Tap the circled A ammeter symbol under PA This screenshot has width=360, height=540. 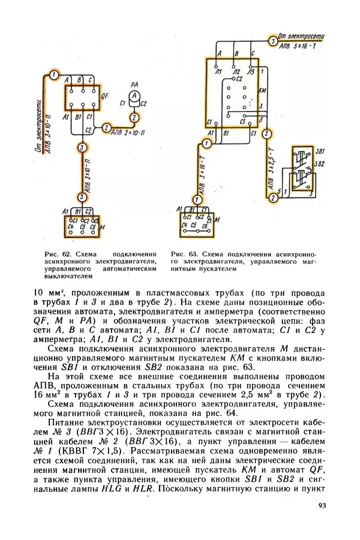coord(135,96)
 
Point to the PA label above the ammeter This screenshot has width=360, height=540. coord(135,85)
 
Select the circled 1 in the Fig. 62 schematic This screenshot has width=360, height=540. coord(55,74)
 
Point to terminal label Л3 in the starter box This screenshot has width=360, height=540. coord(250,71)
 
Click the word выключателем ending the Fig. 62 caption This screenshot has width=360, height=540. coord(68,277)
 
